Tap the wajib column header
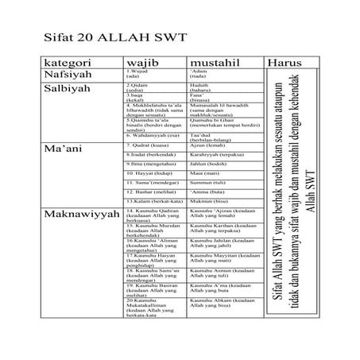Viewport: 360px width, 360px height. [145, 62]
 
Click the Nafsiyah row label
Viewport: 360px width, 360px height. [67, 74]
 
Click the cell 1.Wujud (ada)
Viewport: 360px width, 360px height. [138, 74]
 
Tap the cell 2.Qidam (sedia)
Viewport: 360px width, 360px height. [140, 87]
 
